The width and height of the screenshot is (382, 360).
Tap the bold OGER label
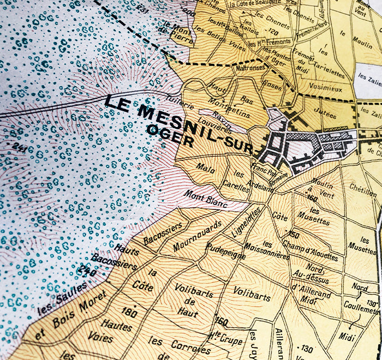coord(170,136)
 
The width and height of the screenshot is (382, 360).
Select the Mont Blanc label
coord(205,197)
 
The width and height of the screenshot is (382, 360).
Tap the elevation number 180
coord(129,311)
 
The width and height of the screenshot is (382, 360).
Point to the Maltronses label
coord(249,69)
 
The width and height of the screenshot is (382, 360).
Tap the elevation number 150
coord(294,235)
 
